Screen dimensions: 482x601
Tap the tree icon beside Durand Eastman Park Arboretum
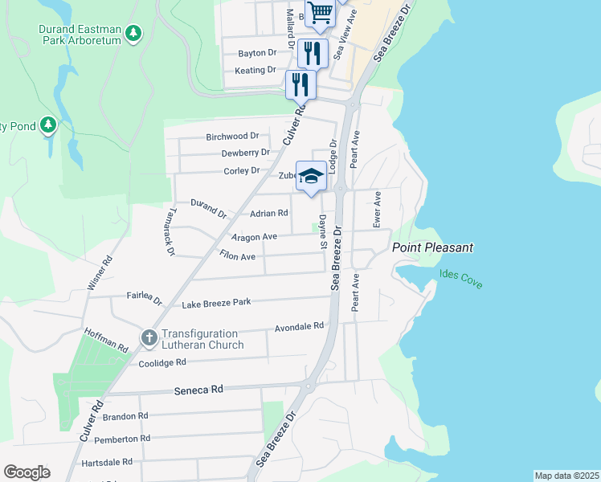point(135,33)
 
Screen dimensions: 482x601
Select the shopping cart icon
point(320,12)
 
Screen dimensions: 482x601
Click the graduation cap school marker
point(311,176)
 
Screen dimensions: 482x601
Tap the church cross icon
point(149,339)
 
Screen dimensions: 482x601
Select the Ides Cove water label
point(461,279)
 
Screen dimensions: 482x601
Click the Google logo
point(27,472)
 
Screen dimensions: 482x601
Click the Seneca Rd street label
point(198,389)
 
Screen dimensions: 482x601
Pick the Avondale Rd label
point(299,326)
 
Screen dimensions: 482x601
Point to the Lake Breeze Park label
point(216,303)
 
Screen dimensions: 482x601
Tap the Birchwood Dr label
point(232,137)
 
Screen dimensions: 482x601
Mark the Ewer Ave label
point(377,207)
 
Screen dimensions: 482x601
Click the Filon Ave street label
point(237,256)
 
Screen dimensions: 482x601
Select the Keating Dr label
point(256,70)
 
